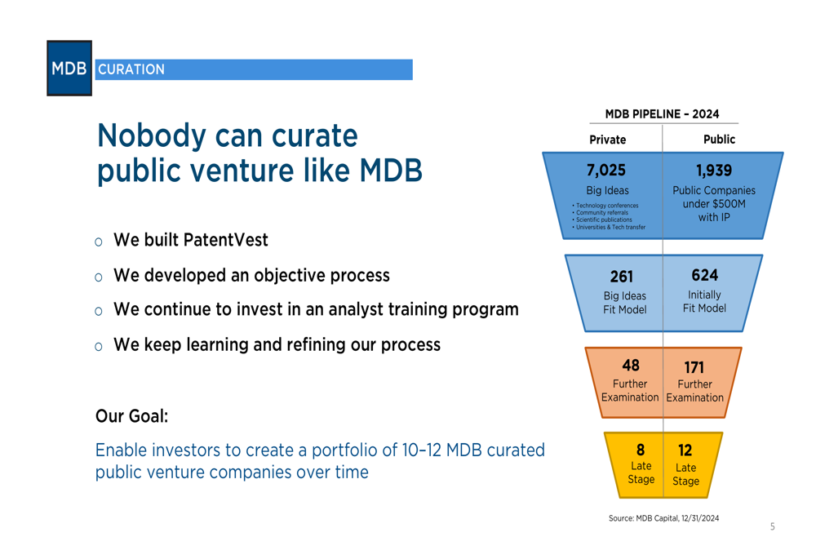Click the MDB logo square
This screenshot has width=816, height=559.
(x=69, y=69)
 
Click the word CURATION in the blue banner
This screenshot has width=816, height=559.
(x=131, y=69)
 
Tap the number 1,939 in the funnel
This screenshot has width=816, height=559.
(x=714, y=171)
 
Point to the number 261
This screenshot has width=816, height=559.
(x=621, y=277)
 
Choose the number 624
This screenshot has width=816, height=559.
(x=705, y=275)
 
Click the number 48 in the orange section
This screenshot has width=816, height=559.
(x=631, y=366)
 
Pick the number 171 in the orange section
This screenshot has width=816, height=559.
(x=694, y=367)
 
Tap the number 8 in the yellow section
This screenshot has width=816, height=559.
(x=641, y=450)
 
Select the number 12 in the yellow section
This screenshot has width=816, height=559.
(x=685, y=450)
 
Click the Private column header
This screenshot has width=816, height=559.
(x=607, y=140)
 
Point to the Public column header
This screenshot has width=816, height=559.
(x=719, y=139)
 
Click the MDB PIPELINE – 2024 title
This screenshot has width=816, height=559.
(x=662, y=114)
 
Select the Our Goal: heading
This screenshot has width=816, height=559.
(x=131, y=416)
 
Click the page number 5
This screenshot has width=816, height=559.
(x=772, y=526)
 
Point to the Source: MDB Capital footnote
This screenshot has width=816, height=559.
(x=663, y=518)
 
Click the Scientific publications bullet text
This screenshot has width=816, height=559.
(x=604, y=220)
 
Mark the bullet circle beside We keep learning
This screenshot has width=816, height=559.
(x=99, y=347)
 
